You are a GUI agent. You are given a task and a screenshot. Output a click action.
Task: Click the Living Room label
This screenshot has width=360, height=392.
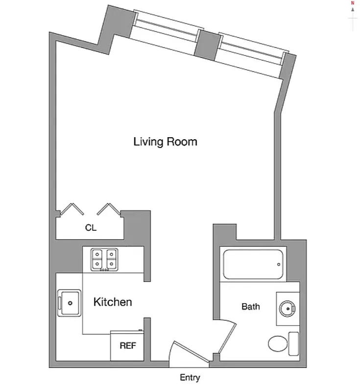coord(165,142)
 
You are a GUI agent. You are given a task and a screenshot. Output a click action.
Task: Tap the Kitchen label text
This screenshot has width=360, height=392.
coord(113,302)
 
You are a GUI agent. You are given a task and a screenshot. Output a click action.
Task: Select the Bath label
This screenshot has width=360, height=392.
coord(251,307)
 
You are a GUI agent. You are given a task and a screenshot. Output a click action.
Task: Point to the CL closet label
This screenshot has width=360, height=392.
coord(91,228)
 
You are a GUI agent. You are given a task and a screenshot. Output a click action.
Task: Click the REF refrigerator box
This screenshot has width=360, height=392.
coord(127,345)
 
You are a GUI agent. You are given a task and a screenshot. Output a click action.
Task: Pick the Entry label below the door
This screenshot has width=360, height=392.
coord(190,378)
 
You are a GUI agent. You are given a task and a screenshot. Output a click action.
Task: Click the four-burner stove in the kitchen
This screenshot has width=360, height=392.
coord(104,260)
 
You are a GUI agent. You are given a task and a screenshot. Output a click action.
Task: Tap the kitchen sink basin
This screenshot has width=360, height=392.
coord(69,303)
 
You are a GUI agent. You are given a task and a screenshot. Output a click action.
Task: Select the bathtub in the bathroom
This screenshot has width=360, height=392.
coord(253,265)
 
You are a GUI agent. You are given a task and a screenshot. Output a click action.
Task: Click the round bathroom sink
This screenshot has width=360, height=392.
coord(287,309)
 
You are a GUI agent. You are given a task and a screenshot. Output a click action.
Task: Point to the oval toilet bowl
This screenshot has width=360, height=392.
coord(278,343)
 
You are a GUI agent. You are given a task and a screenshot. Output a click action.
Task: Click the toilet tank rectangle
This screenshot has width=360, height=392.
coord(293,343)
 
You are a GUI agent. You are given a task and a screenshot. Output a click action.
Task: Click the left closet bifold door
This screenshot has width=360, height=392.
coord(72,209)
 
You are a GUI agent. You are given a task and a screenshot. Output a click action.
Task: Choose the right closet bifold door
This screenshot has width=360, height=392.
coord(109,209)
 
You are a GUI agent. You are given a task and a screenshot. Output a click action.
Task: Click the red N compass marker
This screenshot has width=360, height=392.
coord(352,3)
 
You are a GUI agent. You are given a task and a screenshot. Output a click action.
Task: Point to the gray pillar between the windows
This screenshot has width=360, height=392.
coord(206,44)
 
